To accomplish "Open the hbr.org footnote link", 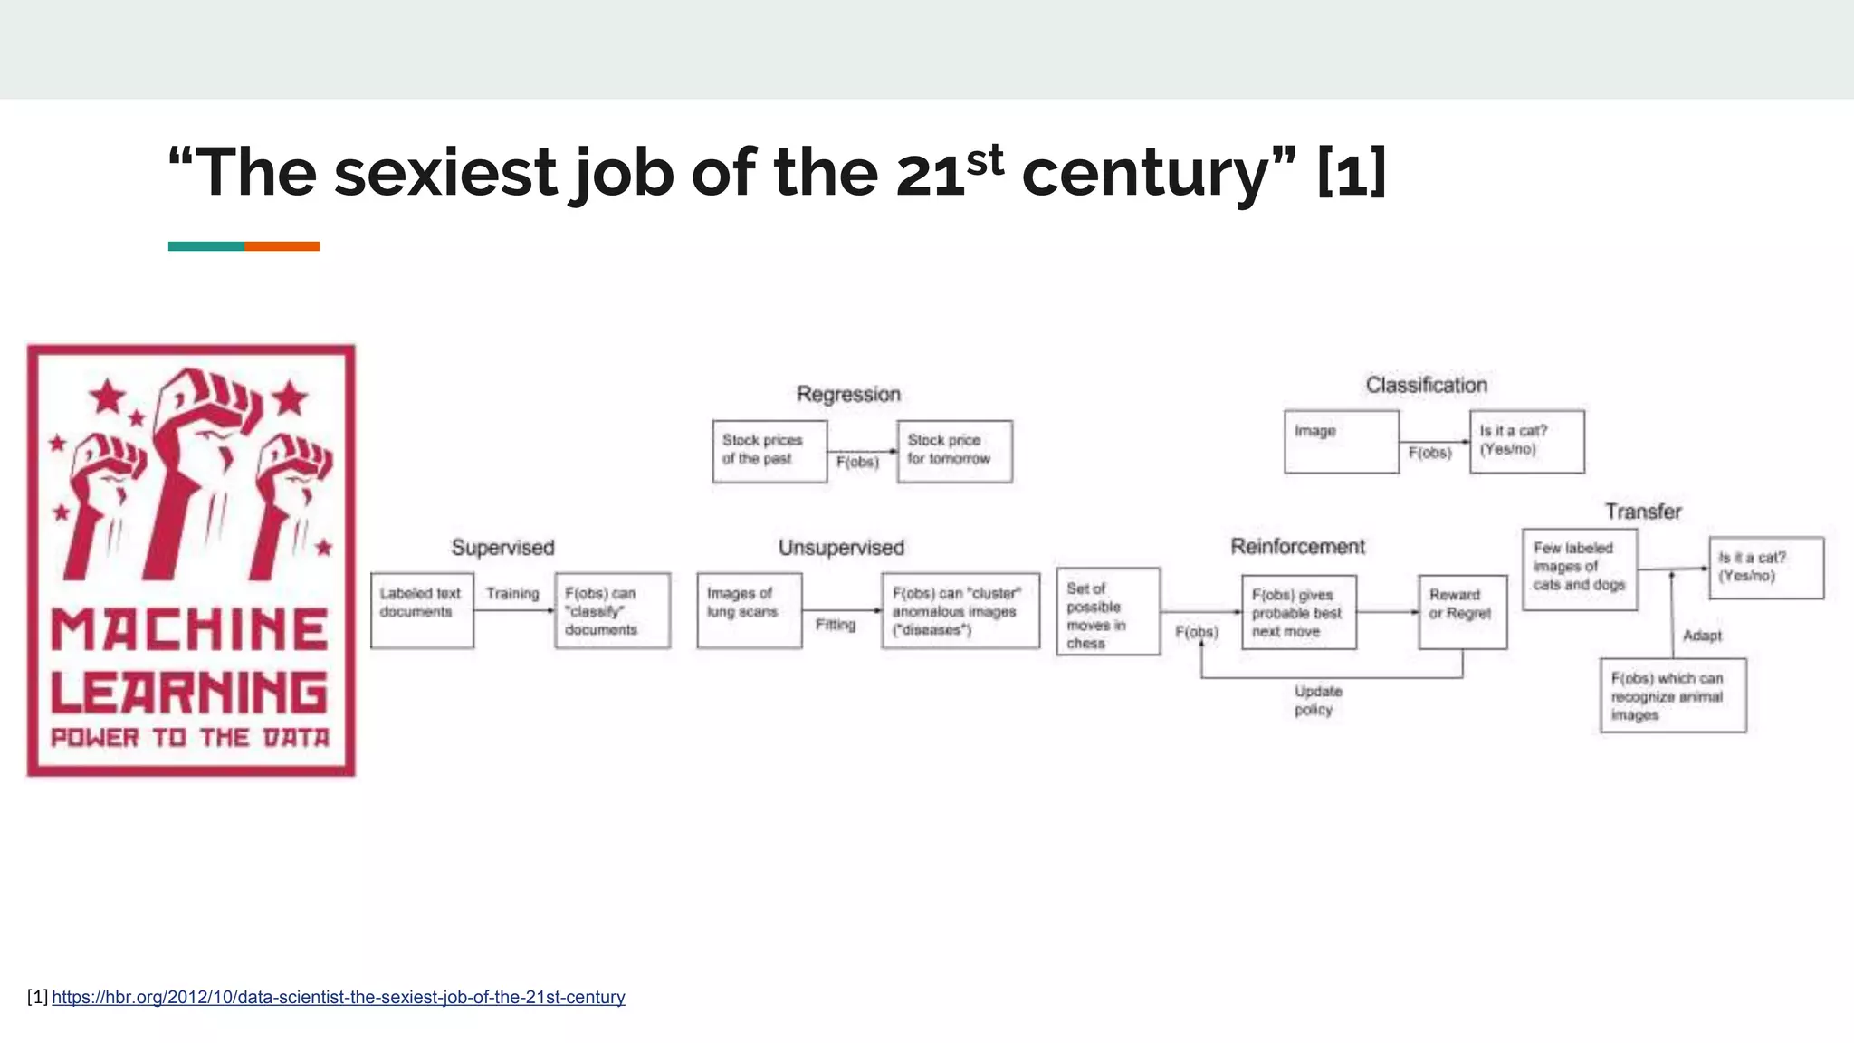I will point(338,997).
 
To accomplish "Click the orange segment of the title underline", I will point(282,246).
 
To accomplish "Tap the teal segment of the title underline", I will point(205,246).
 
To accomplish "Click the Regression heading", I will point(848,394).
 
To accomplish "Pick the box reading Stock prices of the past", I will point(769,451).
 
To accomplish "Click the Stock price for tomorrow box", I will point(954,451).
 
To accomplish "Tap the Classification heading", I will point(1426,385).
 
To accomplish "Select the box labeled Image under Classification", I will point(1341,442).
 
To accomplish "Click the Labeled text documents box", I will point(422,610).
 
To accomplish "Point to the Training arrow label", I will point(512,593).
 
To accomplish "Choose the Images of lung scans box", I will point(749,610).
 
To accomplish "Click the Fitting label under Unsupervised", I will point(835,625).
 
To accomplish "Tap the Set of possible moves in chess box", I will point(1107,611).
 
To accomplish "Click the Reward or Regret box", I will point(1462,612).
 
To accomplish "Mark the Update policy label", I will point(1317,700).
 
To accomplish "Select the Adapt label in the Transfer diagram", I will point(1702,636).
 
